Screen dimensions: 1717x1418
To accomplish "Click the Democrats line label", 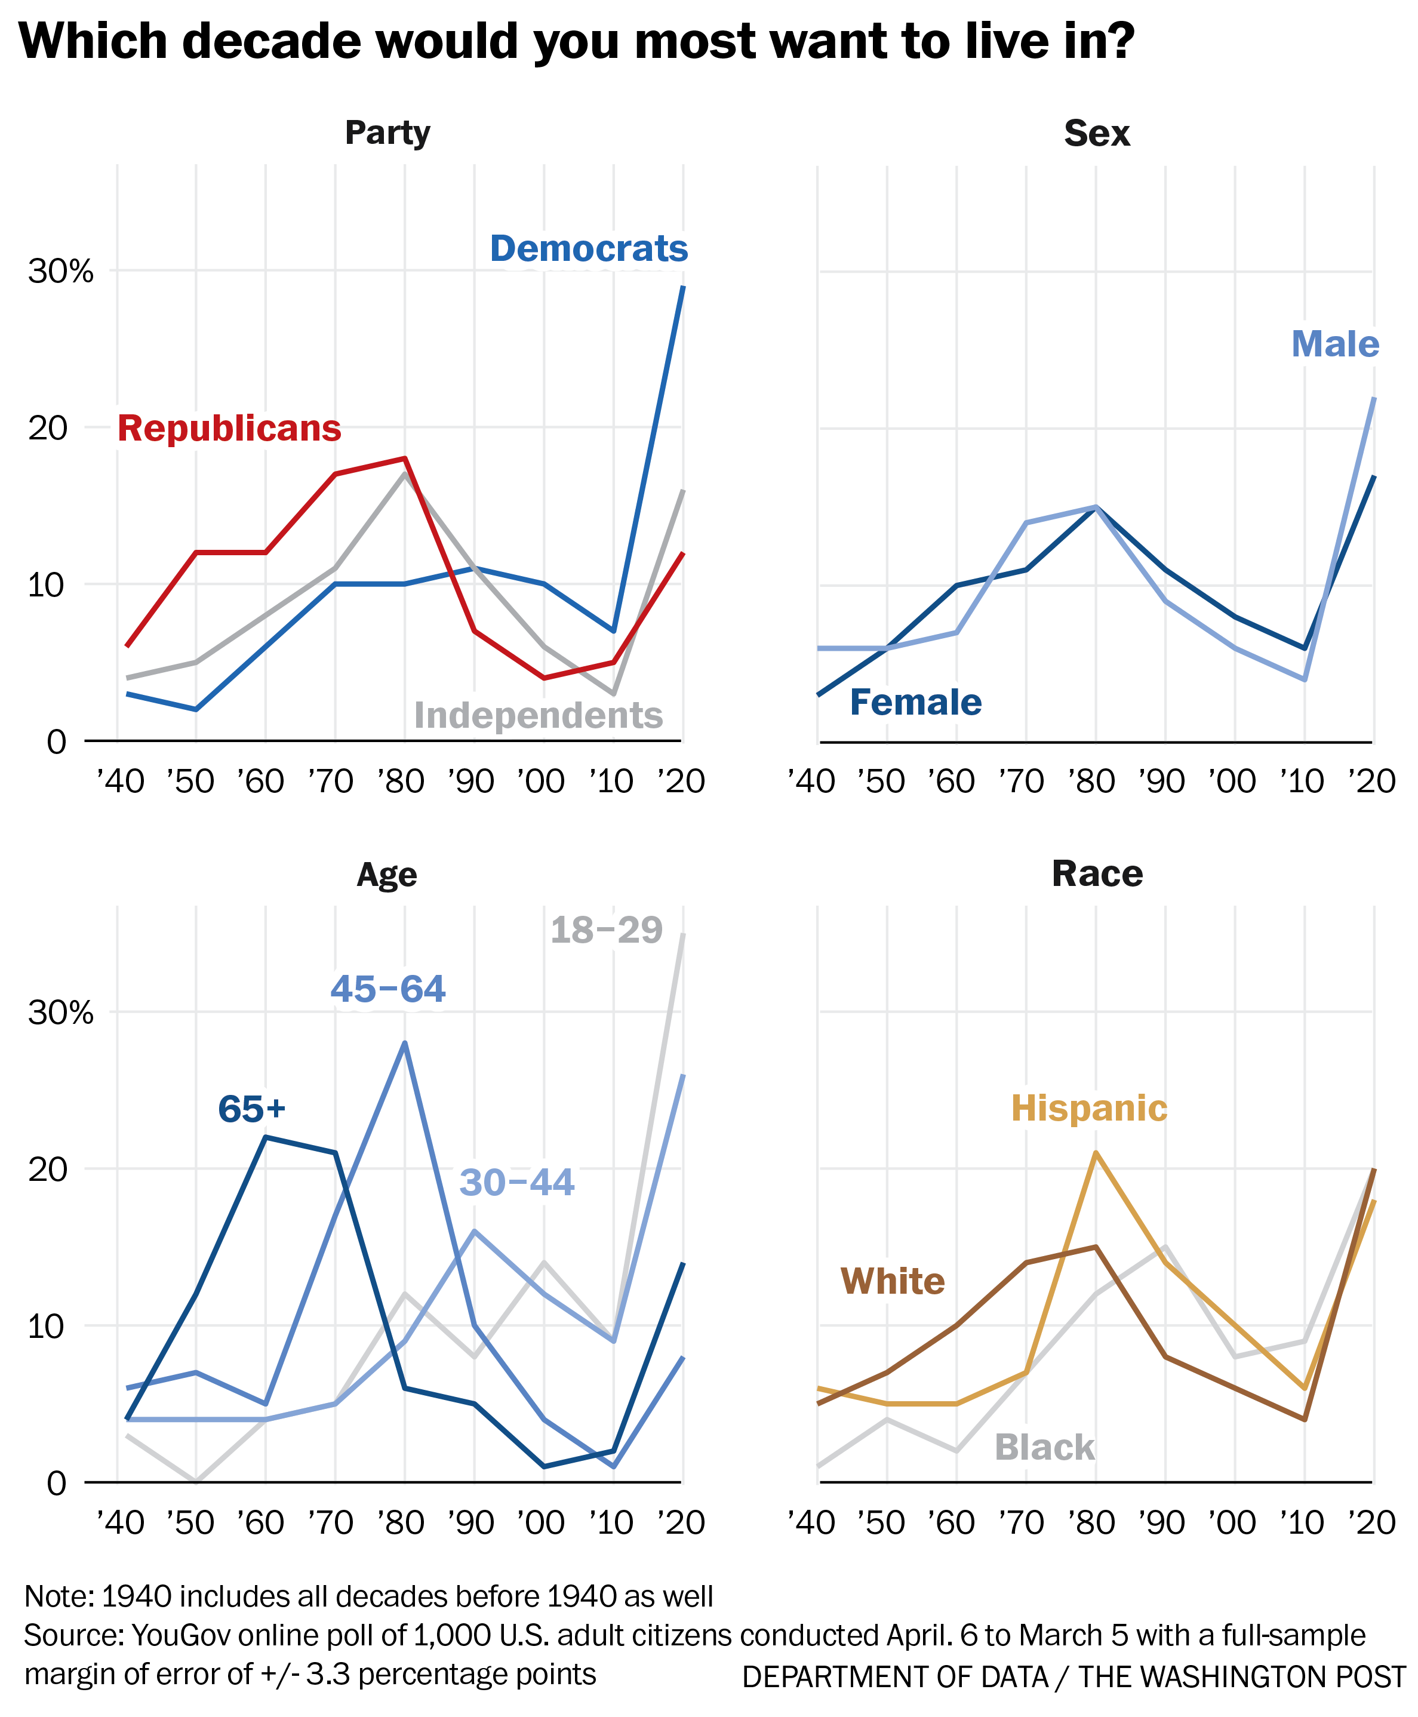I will pos(588,249).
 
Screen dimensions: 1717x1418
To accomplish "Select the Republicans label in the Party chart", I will pos(229,429).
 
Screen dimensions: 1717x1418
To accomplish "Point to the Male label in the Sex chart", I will pos(1334,344).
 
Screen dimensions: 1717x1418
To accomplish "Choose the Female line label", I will pos(916,703).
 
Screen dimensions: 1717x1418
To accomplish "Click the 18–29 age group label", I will pos(606,930).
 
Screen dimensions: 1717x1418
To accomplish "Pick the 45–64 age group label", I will pos(388,989).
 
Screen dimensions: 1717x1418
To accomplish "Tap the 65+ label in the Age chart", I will pos(251,1109).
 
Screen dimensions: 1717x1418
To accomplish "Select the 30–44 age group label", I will pos(516,1182).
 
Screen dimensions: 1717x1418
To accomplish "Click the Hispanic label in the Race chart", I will pos(1089,1109).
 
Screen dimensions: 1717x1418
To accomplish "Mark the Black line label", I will pos(1044,1447).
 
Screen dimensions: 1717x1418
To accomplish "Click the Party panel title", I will pos(387,133).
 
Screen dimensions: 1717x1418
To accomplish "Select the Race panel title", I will pos(1097,874).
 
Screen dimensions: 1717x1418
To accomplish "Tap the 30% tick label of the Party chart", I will pos(60,271).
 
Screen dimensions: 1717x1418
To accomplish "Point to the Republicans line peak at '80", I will pos(404,459).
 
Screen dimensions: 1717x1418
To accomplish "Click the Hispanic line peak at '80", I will pos(1096,1153).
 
